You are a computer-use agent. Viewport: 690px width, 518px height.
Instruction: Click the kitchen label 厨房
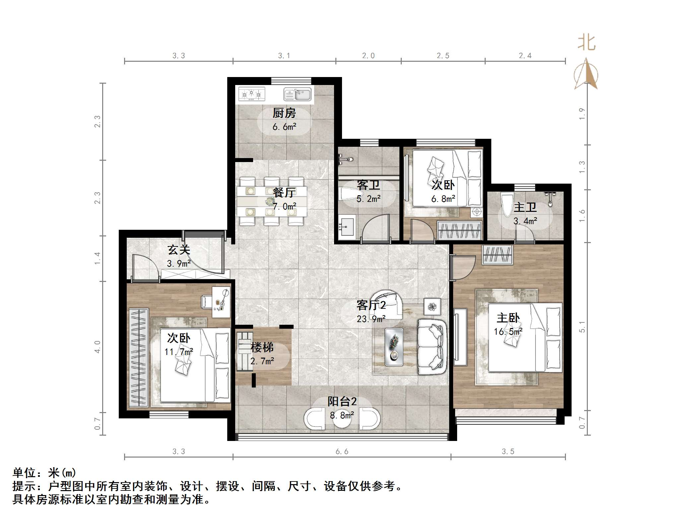click(x=284, y=113)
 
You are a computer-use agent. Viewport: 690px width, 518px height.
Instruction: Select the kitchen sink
click(x=298, y=94)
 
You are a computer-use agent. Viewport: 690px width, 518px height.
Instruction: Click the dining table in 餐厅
click(x=272, y=201)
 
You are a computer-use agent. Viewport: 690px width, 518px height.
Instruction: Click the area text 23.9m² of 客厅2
click(x=371, y=319)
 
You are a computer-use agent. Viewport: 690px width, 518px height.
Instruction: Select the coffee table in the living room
click(x=394, y=347)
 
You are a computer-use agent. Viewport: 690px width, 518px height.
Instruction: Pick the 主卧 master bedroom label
click(x=508, y=318)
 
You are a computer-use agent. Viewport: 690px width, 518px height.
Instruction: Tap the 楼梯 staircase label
click(x=262, y=347)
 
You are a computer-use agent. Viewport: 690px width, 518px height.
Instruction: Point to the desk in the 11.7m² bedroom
click(x=221, y=302)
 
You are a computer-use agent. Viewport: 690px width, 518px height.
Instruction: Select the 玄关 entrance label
click(x=178, y=250)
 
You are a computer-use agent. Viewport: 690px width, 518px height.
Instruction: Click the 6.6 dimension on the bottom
click(x=342, y=452)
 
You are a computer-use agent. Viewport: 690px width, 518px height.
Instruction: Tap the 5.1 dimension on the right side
click(x=582, y=327)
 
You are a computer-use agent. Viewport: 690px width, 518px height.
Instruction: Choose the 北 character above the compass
click(x=586, y=43)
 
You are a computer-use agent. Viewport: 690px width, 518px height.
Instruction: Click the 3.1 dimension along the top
click(x=284, y=56)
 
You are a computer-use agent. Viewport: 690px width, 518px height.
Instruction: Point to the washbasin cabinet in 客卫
click(x=347, y=225)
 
